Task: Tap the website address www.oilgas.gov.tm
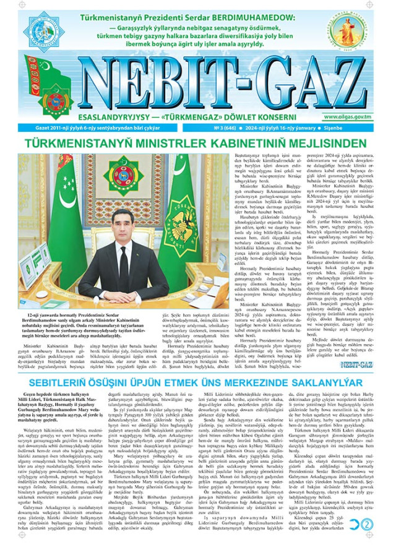[360, 117]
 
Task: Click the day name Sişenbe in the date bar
[371, 128]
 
